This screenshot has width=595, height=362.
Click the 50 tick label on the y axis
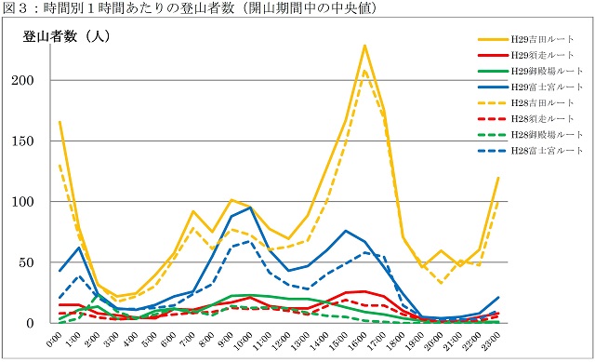click(x=37, y=262)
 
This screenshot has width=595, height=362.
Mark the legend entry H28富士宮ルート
click(x=549, y=151)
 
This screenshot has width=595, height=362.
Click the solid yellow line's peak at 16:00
click(x=364, y=45)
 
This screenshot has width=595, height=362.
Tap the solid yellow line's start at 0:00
click(x=59, y=122)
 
